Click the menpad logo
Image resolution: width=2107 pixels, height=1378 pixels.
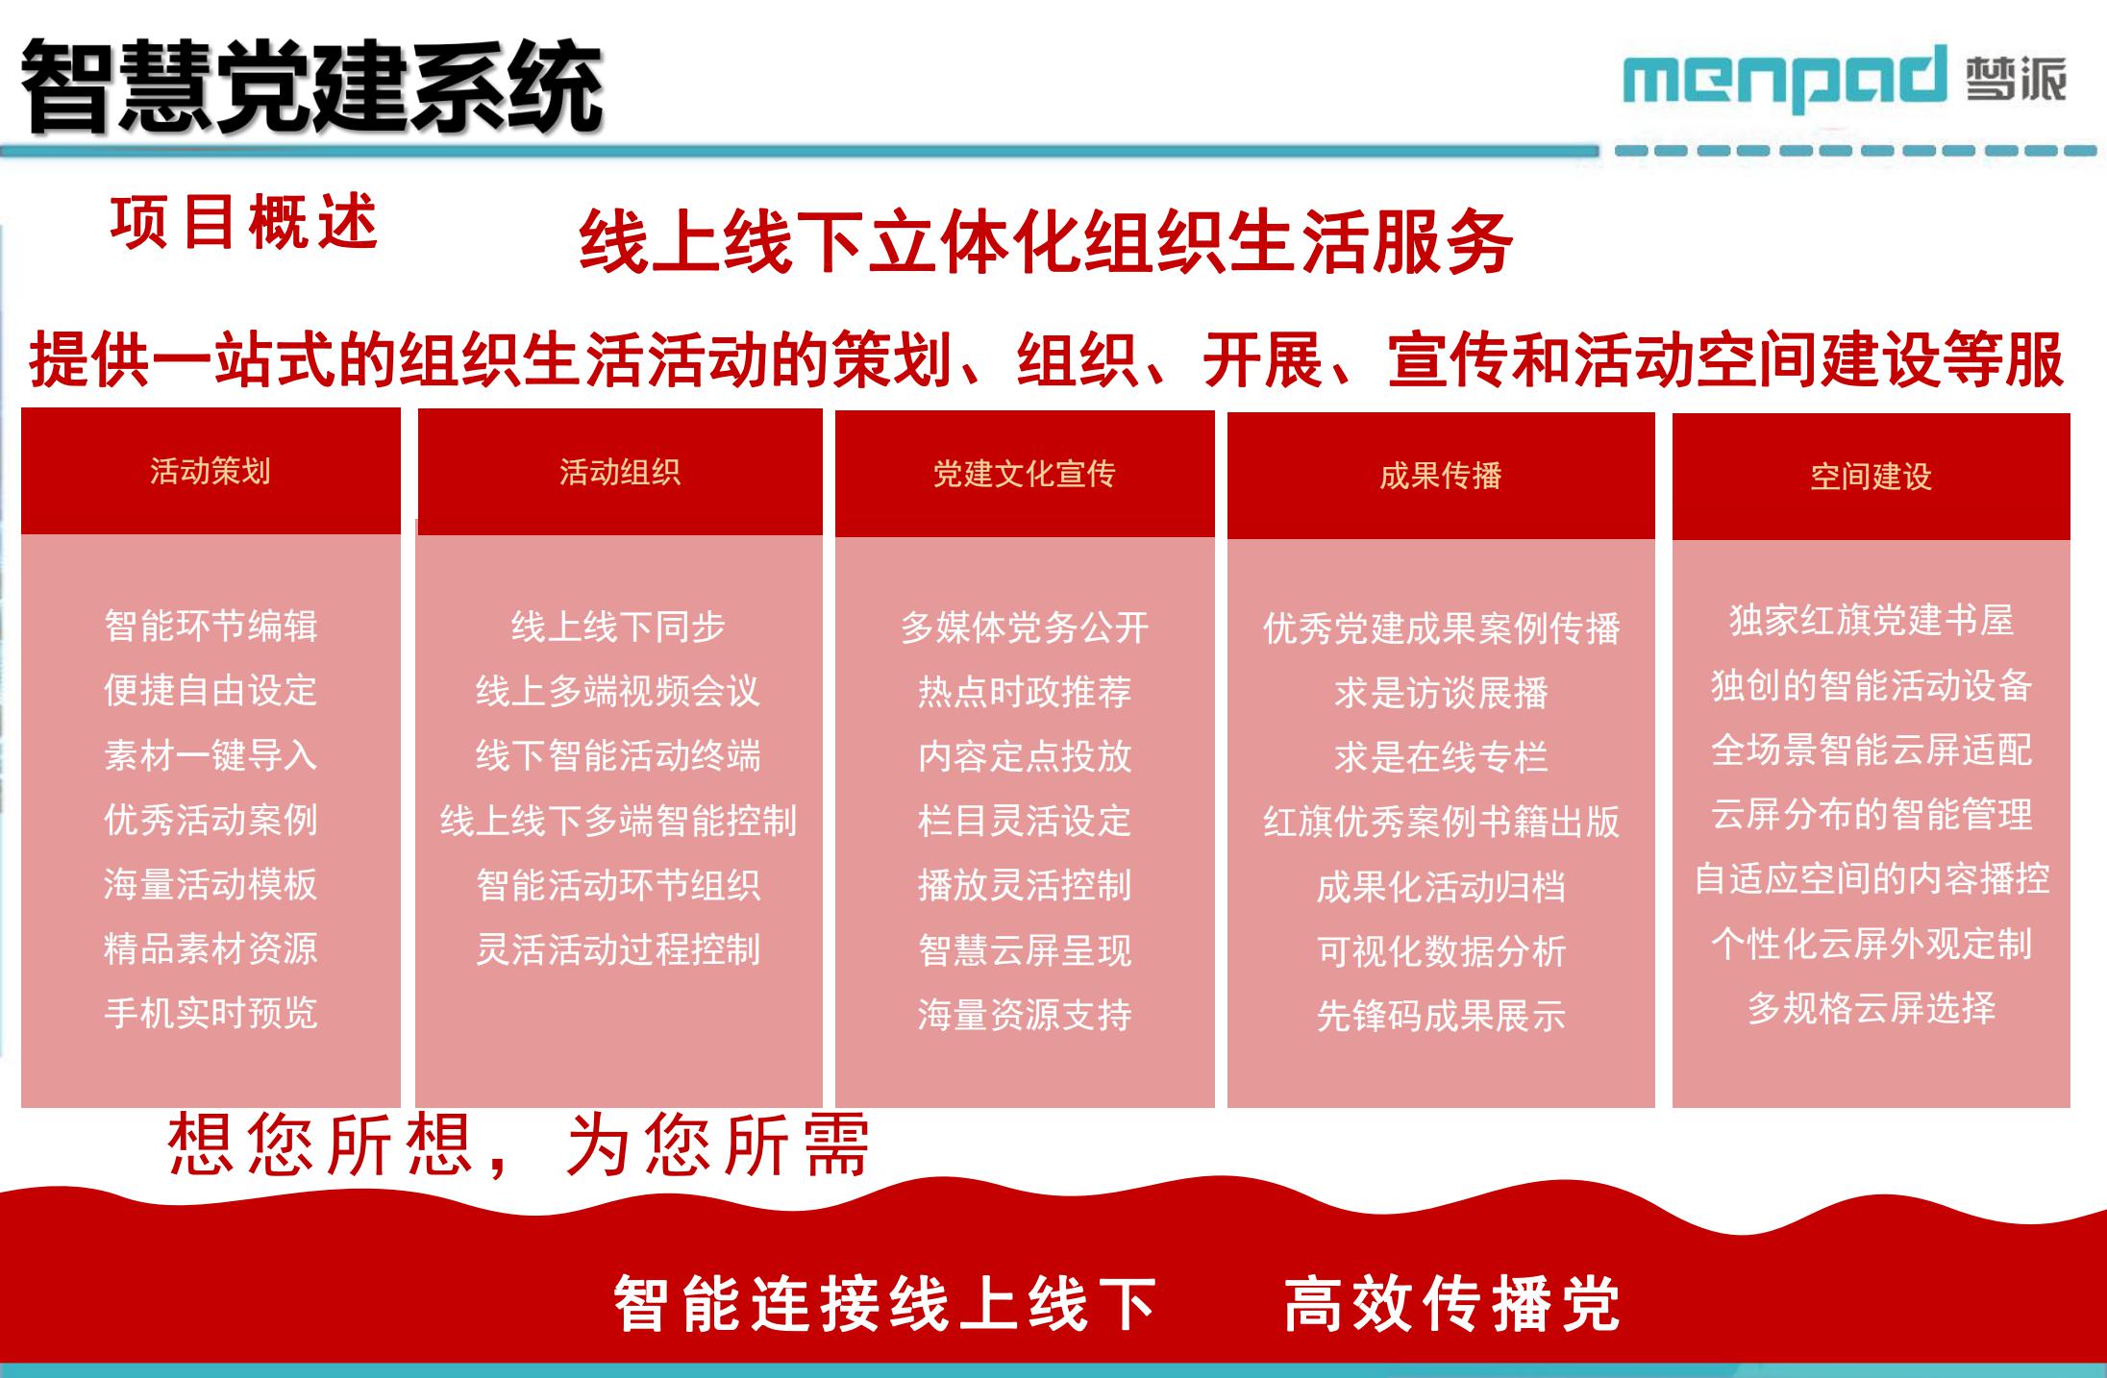click(x=1844, y=77)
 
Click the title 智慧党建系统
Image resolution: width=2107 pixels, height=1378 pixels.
click(x=311, y=86)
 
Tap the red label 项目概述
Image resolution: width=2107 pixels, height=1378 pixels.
click(x=244, y=222)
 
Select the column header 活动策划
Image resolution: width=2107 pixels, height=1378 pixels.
click(x=211, y=471)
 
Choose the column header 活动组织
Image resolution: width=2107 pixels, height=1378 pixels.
click(x=620, y=472)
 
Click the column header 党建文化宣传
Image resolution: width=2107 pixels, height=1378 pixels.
click(x=1025, y=474)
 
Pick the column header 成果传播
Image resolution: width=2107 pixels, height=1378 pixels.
click(x=1441, y=476)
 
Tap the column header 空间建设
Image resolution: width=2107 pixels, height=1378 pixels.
click(x=1871, y=477)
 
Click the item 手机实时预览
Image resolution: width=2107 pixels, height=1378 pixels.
click(x=211, y=1013)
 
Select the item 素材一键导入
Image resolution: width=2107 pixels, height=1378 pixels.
click(x=211, y=754)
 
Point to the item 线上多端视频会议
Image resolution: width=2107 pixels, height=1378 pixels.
click(x=618, y=691)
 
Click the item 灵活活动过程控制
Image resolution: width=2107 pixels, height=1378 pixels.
click(x=618, y=949)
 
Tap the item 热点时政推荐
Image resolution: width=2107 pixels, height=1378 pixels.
click(x=1025, y=692)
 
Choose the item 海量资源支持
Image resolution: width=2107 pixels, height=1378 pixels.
click(x=1025, y=1015)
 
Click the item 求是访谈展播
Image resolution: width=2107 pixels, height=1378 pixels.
click(x=1441, y=693)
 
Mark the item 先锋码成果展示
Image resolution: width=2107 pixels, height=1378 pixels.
click(x=1441, y=1016)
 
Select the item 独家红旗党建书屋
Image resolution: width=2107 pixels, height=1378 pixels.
click(x=1871, y=621)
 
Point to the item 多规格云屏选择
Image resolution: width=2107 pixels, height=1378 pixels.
click(x=1871, y=1008)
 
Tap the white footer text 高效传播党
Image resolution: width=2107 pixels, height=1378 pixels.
click(x=1452, y=1304)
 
